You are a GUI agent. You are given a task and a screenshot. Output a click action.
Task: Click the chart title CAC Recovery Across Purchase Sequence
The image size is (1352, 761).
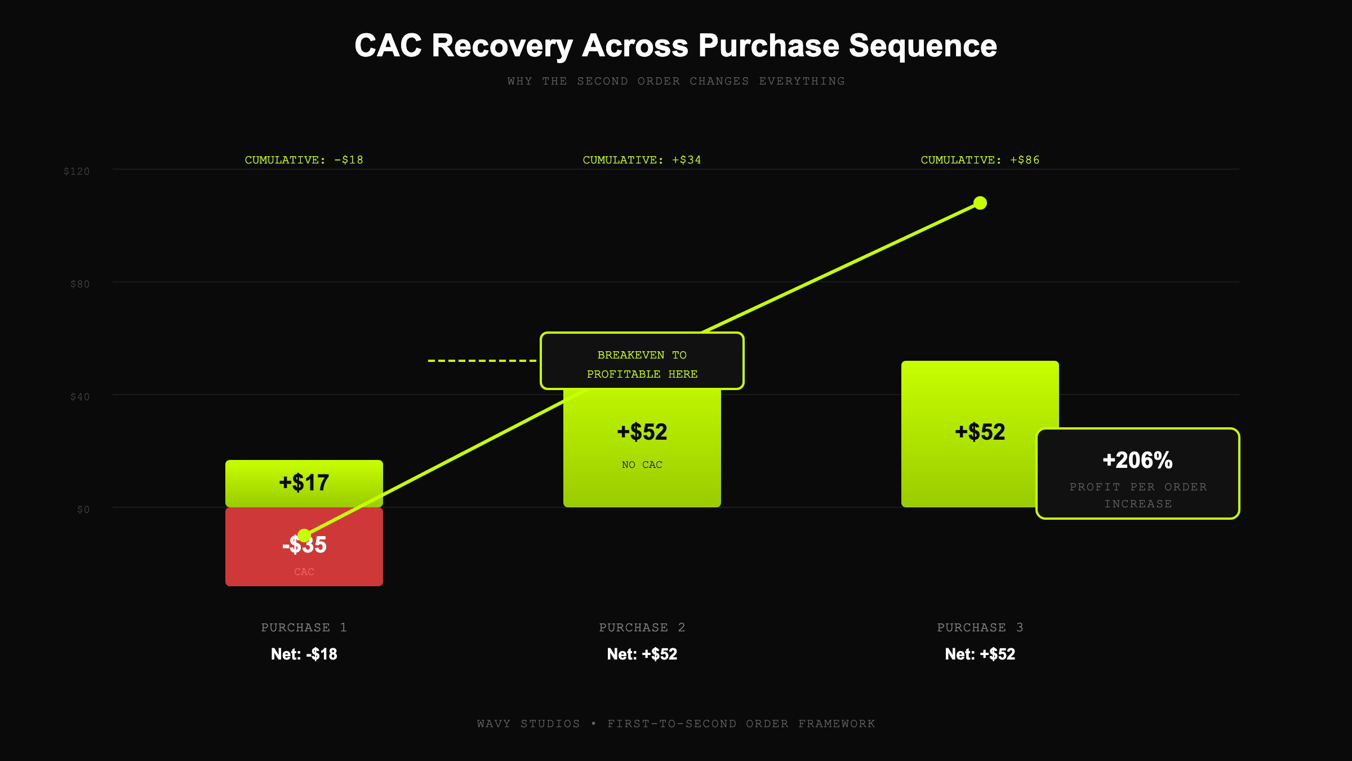coord(675,46)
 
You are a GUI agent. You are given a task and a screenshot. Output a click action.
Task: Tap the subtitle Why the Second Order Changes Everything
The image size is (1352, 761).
coord(675,81)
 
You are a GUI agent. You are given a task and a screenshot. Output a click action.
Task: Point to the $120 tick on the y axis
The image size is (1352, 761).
coord(77,171)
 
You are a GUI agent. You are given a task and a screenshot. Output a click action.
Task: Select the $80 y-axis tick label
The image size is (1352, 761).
coord(79,284)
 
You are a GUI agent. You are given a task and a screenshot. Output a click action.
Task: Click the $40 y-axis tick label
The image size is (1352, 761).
coord(79,397)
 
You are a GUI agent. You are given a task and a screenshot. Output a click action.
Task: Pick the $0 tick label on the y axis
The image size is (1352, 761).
coord(83,510)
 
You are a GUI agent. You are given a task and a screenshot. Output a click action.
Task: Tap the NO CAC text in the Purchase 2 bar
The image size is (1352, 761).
coord(642,465)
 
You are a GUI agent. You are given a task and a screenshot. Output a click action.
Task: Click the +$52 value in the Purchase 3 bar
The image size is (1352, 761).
coord(980,432)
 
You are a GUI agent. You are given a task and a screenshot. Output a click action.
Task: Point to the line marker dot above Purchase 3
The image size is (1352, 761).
coord(980,203)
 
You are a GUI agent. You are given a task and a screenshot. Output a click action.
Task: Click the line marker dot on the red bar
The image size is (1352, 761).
coord(304,535)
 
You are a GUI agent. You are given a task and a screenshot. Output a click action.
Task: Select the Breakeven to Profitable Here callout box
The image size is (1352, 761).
coord(642,361)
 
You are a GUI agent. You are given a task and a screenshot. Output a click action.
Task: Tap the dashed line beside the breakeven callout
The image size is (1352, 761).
coord(482,360)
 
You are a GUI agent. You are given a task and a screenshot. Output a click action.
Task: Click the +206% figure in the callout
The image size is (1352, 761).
coord(1137,461)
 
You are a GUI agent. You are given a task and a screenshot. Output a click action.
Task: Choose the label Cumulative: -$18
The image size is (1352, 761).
coord(304,160)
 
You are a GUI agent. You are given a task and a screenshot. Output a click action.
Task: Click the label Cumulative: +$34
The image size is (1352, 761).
coord(642,160)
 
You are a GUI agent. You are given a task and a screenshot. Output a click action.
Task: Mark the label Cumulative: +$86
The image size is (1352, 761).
coord(980,160)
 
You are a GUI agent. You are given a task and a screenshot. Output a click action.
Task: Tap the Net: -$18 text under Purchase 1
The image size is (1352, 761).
coord(304,654)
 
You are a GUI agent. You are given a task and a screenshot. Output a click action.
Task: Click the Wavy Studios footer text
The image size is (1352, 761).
coord(675,724)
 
